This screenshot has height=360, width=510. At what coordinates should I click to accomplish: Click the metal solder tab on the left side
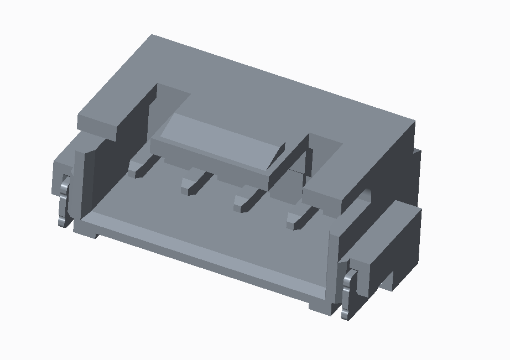[64, 202]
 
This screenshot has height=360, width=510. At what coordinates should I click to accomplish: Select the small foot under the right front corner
[321, 306]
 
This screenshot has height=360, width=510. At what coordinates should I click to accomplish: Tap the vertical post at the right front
[335, 265]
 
